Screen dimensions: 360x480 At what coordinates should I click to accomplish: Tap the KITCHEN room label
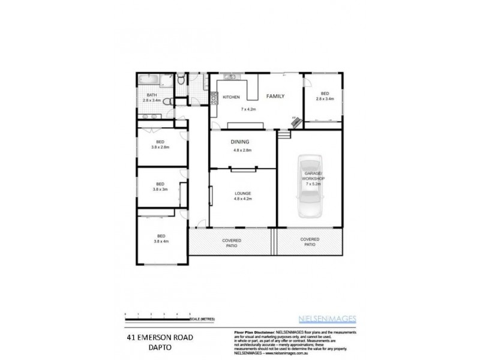coord(232,97)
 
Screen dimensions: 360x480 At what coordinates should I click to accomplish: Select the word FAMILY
coord(275,96)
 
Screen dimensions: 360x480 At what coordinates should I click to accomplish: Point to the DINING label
coord(240,142)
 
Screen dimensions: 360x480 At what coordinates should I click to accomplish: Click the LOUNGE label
coord(242,193)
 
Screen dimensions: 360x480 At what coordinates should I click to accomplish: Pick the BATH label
coord(151,95)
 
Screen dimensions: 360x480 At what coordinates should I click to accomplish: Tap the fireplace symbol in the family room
coord(296,122)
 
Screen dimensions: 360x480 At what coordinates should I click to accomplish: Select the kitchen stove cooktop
coord(214,98)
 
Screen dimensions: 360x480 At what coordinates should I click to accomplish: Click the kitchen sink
coord(230,77)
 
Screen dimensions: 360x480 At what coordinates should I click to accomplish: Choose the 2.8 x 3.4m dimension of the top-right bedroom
coord(324,100)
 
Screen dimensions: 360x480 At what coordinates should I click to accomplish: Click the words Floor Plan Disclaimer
coord(254,331)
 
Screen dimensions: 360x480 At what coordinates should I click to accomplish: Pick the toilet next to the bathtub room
coord(181,79)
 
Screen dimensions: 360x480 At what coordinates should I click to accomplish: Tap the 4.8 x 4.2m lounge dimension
coord(242,198)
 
